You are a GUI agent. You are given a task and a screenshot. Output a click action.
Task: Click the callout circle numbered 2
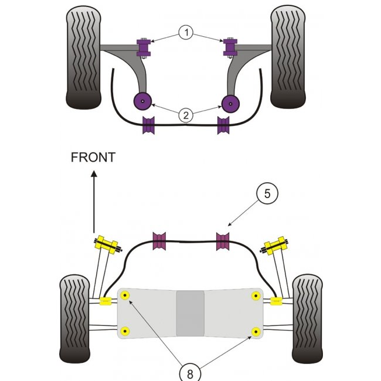(186, 115)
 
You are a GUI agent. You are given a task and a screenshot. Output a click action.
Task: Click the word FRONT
(93, 157)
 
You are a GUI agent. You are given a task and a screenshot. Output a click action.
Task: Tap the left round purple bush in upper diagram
(142, 102)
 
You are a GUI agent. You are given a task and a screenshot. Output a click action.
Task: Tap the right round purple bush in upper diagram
(230, 102)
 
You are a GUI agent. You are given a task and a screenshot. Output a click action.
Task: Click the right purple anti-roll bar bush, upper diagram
(223, 125)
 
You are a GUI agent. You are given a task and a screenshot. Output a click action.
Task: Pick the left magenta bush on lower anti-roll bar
(159, 241)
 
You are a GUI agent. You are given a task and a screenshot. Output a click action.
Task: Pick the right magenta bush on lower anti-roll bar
(222, 240)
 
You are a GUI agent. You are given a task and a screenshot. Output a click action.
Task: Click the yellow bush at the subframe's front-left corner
(124, 295)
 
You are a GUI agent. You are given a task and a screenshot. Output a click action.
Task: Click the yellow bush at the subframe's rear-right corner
(255, 332)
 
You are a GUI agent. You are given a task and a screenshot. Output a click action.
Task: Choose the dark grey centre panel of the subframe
(190, 314)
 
